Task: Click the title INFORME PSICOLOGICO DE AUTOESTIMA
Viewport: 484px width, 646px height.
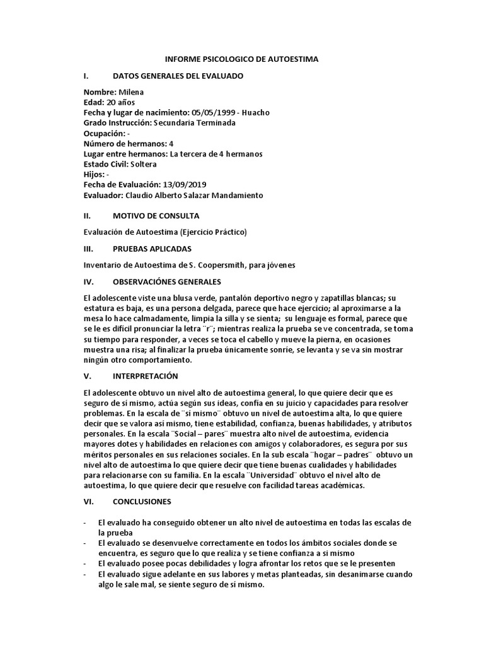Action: tap(242, 59)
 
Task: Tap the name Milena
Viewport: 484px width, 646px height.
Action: tap(131, 92)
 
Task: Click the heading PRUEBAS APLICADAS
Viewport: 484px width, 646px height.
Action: tap(152, 249)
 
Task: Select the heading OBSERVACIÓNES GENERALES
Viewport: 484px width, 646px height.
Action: tap(167, 281)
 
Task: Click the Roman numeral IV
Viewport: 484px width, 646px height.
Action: tap(88, 281)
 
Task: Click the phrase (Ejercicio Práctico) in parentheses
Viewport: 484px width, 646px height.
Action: tap(210, 232)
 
